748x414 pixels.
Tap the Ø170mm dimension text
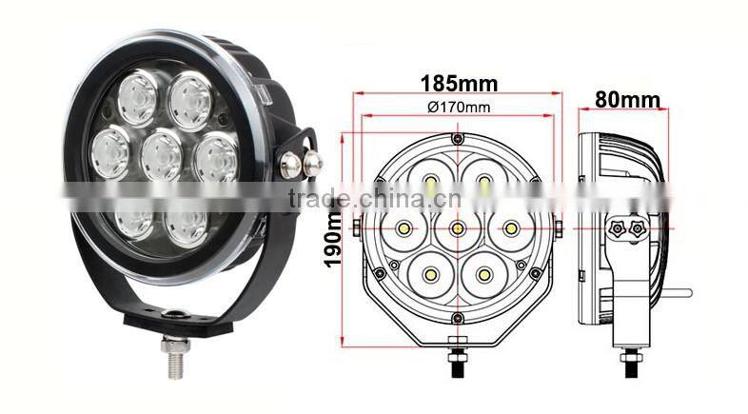coord(459,107)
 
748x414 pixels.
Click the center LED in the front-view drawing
coord(458,227)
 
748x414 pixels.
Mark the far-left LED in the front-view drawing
coord(404,227)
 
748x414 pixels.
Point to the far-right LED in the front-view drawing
coord(511,227)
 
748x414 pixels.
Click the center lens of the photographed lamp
coord(162,152)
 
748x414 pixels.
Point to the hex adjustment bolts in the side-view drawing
coord(623,228)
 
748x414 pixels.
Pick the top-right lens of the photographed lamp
coord(189,94)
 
